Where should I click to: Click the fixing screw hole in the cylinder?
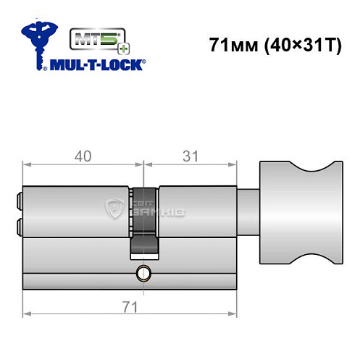(x=142, y=273)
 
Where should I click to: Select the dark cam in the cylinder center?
(x=143, y=221)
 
